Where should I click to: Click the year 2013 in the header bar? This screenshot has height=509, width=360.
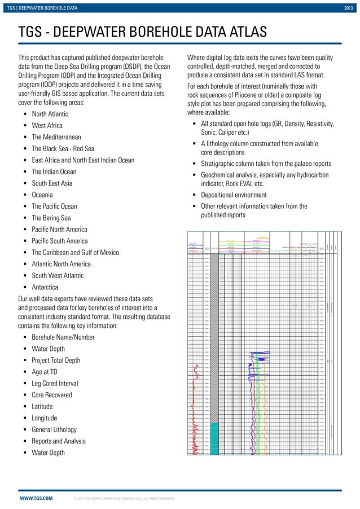point(350,6)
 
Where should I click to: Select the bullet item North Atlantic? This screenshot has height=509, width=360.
point(50,114)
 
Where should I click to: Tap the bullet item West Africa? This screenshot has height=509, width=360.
point(47,126)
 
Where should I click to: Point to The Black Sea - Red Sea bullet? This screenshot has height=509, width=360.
point(63,149)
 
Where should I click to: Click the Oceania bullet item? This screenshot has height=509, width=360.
point(43,195)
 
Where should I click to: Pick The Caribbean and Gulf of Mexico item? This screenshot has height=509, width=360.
point(75,253)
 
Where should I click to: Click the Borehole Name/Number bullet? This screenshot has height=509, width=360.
point(63,337)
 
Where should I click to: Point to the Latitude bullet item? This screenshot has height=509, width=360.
point(42,406)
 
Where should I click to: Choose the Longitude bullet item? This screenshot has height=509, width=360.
point(44,418)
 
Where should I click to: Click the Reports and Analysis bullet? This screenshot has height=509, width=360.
point(59,441)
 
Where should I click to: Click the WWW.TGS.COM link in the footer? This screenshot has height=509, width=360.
point(36,499)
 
